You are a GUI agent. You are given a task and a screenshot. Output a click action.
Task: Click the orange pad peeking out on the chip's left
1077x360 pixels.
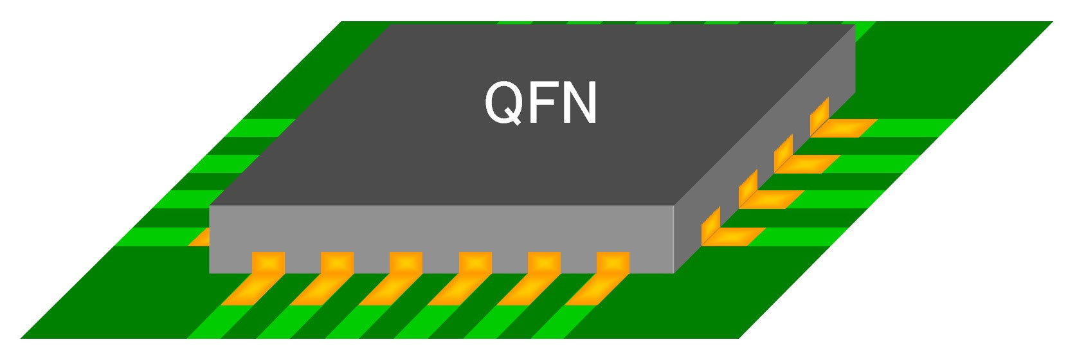pyautogui.click(x=200, y=237)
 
